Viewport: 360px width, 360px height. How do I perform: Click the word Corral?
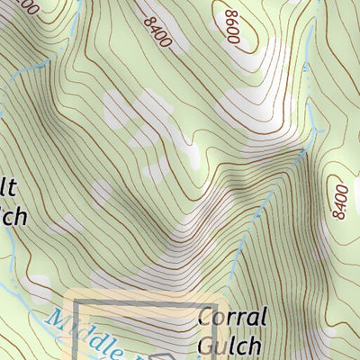[231, 318]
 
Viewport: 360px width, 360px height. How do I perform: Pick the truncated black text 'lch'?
[14, 216]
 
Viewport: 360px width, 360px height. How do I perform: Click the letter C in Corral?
[204, 318]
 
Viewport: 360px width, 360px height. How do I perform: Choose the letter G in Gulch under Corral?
[204, 345]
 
